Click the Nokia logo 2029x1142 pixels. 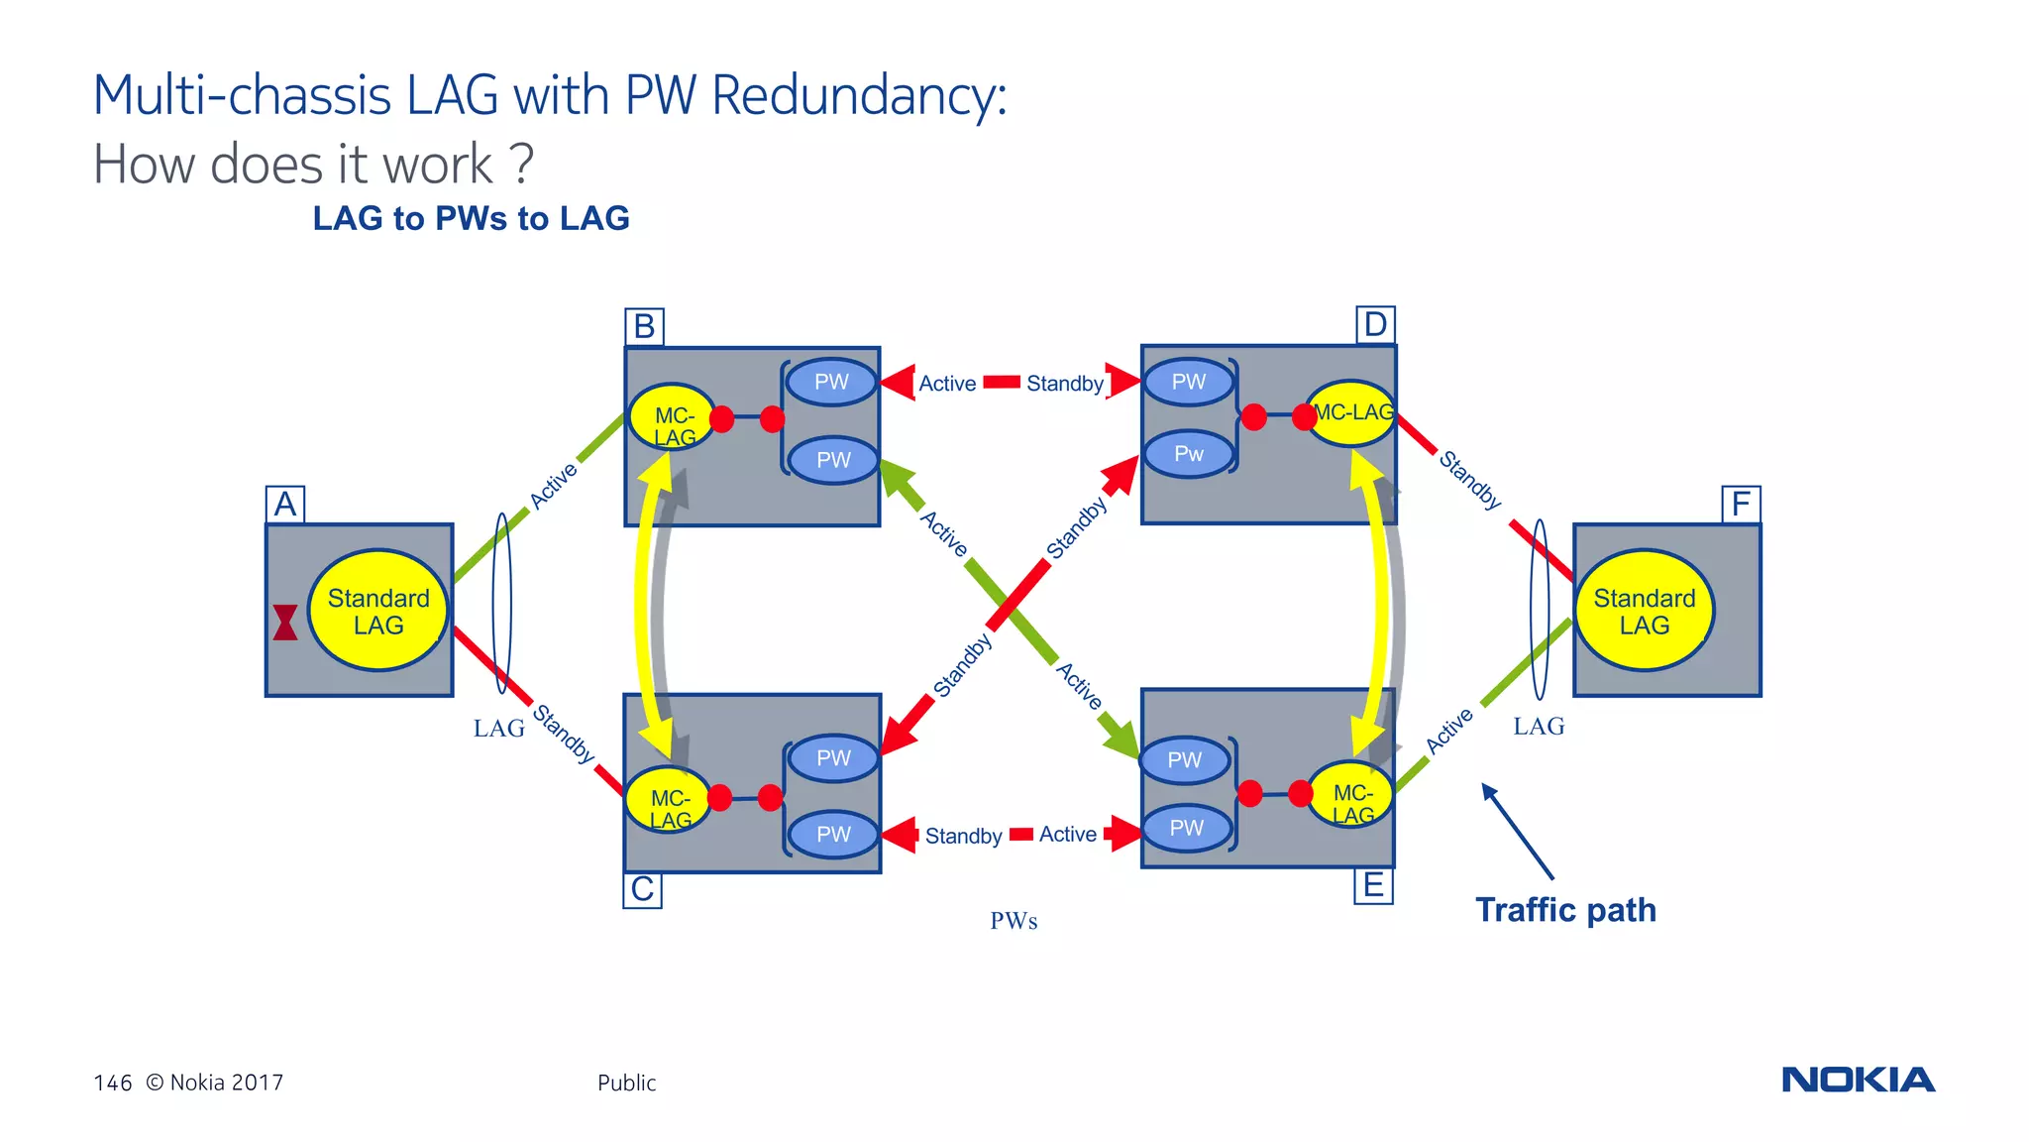coord(1858,1080)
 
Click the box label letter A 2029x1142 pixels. coord(285,505)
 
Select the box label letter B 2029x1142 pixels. coord(644,326)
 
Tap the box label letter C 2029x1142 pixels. coord(642,889)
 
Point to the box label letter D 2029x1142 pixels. coord(1375,324)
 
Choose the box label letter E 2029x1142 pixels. coord(1373,884)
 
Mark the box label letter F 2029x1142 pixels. coord(1741,505)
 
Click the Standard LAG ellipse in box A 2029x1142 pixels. coord(378,611)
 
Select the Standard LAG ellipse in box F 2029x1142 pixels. coord(1645,611)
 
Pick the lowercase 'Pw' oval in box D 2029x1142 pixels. coord(1189,454)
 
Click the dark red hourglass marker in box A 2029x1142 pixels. coord(285,623)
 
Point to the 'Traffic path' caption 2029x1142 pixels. coord(1565,910)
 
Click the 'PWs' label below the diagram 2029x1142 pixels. coord(1014,921)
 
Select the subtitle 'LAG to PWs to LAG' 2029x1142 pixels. coord(471,218)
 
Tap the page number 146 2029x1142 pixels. coord(113,1083)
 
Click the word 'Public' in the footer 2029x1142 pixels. coord(626,1083)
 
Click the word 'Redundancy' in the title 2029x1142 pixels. coord(858,96)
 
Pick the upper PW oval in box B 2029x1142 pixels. coord(831,383)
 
